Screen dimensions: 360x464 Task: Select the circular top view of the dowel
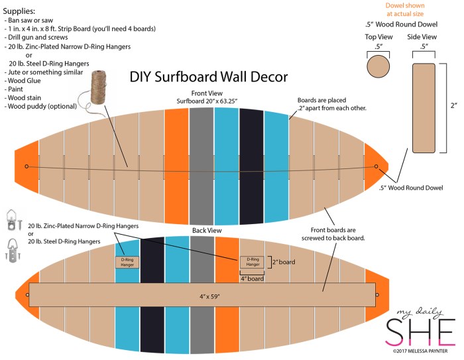378,67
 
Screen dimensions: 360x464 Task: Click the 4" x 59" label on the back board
203,295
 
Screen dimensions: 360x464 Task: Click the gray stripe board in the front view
201,166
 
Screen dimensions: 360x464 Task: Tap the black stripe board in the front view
252,166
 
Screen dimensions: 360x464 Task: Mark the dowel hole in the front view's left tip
27,166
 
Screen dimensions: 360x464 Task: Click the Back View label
207,230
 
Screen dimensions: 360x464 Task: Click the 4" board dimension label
253,278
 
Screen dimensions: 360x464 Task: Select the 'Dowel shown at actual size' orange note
404,9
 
